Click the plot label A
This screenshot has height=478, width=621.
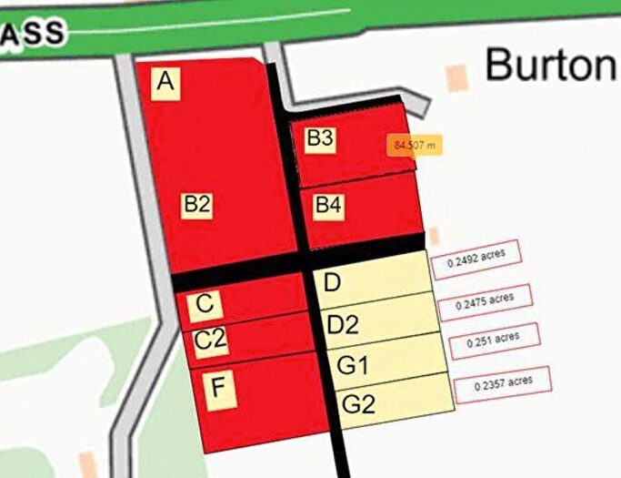coord(165,82)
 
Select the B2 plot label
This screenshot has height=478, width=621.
coord(196,205)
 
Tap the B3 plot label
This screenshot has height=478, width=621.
coord(320,138)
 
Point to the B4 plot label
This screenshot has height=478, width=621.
coord(328,207)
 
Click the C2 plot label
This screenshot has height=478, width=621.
coord(210,341)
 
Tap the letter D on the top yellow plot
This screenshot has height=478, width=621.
coord(332,282)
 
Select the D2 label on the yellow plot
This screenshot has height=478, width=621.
coord(343,324)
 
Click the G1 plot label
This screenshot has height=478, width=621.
coord(352,365)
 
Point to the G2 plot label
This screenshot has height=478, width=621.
coord(358,404)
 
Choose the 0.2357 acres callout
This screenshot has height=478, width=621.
coord(503,382)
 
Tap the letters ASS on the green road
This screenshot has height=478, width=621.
coord(32,35)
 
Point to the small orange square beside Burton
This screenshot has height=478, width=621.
coord(458,77)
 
